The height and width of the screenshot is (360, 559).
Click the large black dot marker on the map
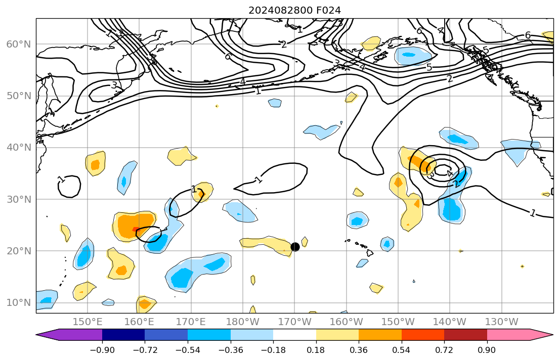click(x=295, y=247)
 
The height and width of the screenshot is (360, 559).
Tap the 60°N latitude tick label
click(x=18, y=44)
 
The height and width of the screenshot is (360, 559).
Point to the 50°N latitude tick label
click(x=18, y=96)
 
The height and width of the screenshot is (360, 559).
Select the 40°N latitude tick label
click(x=18, y=148)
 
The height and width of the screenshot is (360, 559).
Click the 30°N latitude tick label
click(x=18, y=199)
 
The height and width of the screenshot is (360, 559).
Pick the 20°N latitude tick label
click(x=18, y=251)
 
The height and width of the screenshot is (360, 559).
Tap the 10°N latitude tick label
click(x=18, y=303)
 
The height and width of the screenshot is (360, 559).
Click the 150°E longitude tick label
click(x=88, y=322)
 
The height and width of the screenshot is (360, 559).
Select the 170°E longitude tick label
click(x=191, y=322)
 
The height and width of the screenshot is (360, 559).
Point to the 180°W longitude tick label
click(x=243, y=322)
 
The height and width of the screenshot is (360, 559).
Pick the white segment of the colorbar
click(x=294, y=335)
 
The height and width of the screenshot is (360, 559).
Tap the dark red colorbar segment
click(x=465, y=335)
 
